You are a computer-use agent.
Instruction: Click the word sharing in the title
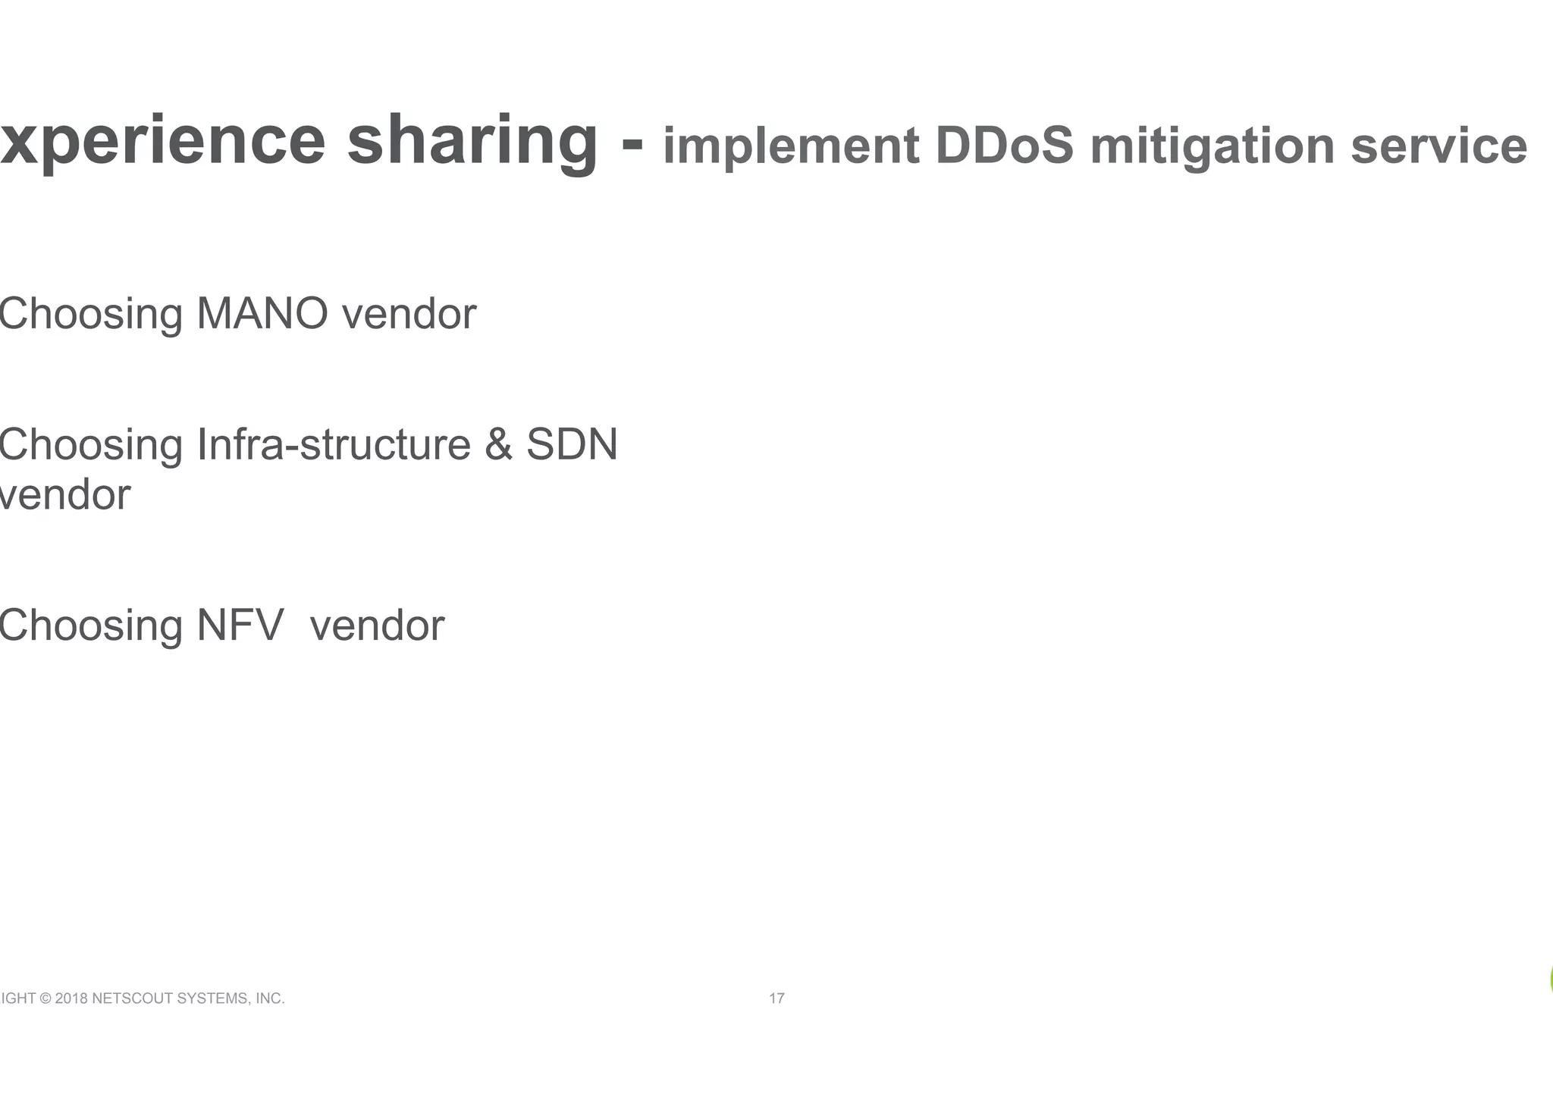[x=472, y=142]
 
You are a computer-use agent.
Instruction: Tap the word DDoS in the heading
[x=1005, y=146]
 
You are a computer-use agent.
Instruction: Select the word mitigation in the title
[x=1212, y=146]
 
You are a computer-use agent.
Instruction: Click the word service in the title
[x=1438, y=146]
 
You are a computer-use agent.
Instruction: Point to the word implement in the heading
[x=791, y=146]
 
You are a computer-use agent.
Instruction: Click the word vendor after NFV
[x=378, y=625]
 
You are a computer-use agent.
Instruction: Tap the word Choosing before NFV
[x=91, y=627]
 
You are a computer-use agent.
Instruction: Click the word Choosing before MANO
[x=91, y=314]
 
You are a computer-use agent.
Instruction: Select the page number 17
[x=776, y=998]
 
